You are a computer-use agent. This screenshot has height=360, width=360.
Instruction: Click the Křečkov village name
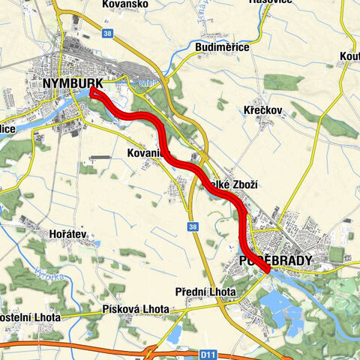[262, 110]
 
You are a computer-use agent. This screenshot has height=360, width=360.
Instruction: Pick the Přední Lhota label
[205, 291]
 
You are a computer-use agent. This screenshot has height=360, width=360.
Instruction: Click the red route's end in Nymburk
[91, 91]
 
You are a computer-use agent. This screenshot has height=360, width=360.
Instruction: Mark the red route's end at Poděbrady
[266, 270]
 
